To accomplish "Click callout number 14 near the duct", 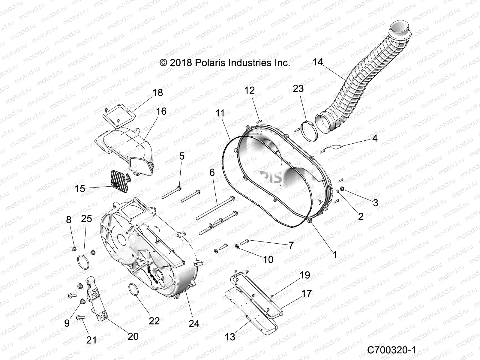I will (318, 62).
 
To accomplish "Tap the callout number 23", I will (298, 88).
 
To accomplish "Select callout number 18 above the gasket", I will (158, 92).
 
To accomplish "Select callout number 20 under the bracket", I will (133, 336).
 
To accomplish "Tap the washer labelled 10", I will (237, 246).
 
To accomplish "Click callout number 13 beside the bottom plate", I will (230, 337).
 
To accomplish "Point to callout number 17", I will (307, 293).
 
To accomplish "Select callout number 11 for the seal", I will (220, 113).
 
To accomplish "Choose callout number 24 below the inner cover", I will (194, 323).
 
